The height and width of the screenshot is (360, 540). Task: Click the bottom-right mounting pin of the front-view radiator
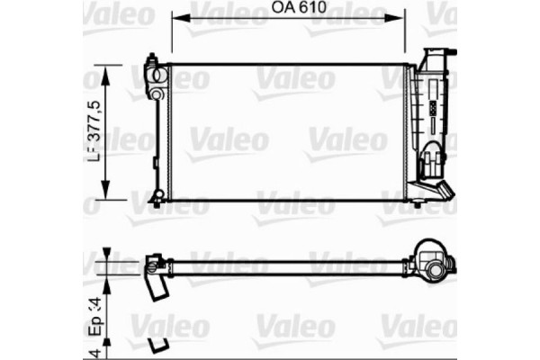pyautogui.click(x=416, y=202)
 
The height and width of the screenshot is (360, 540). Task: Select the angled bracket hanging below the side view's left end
pyautogui.click(x=157, y=287)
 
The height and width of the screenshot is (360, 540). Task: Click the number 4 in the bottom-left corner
pyautogui.click(x=92, y=347)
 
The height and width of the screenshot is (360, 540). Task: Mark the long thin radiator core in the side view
pyautogui.click(x=288, y=265)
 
